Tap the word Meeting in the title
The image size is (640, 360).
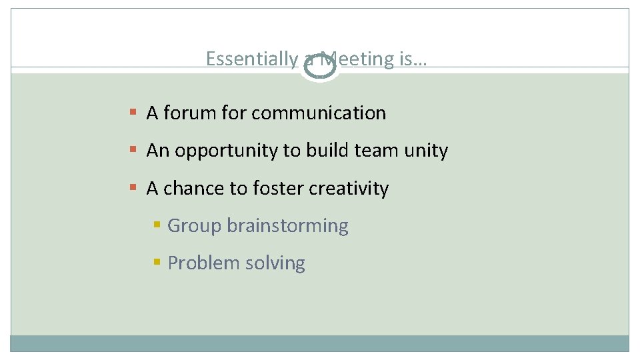click(x=359, y=59)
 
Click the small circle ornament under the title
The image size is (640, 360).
click(x=320, y=67)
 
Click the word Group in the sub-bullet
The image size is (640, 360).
click(x=194, y=226)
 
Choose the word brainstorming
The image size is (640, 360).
click(x=287, y=227)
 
